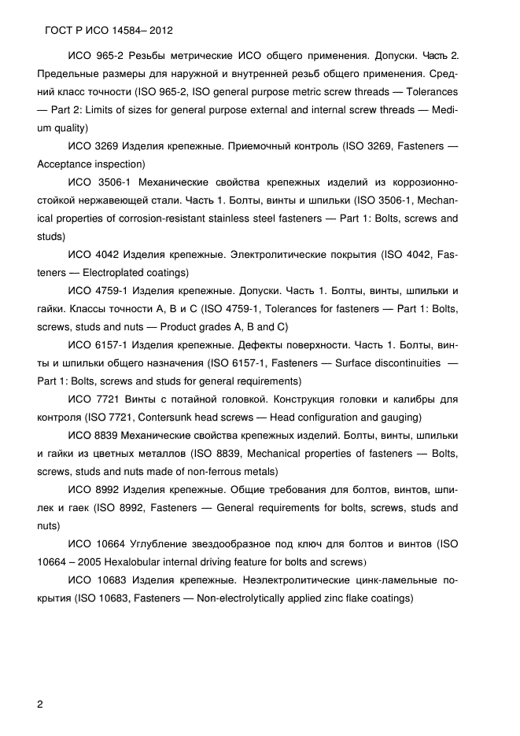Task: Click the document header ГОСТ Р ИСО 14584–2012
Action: (105, 31)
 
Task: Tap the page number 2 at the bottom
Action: (41, 703)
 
